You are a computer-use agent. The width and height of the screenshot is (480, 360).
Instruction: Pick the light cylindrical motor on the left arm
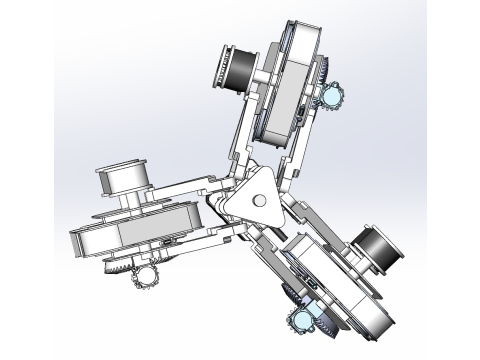[125, 180]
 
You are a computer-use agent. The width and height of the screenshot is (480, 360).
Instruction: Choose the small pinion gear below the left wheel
[148, 274]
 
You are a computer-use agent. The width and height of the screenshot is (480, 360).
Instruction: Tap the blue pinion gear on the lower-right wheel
[300, 320]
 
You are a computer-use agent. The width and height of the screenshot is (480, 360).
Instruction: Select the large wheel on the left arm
[125, 234]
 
